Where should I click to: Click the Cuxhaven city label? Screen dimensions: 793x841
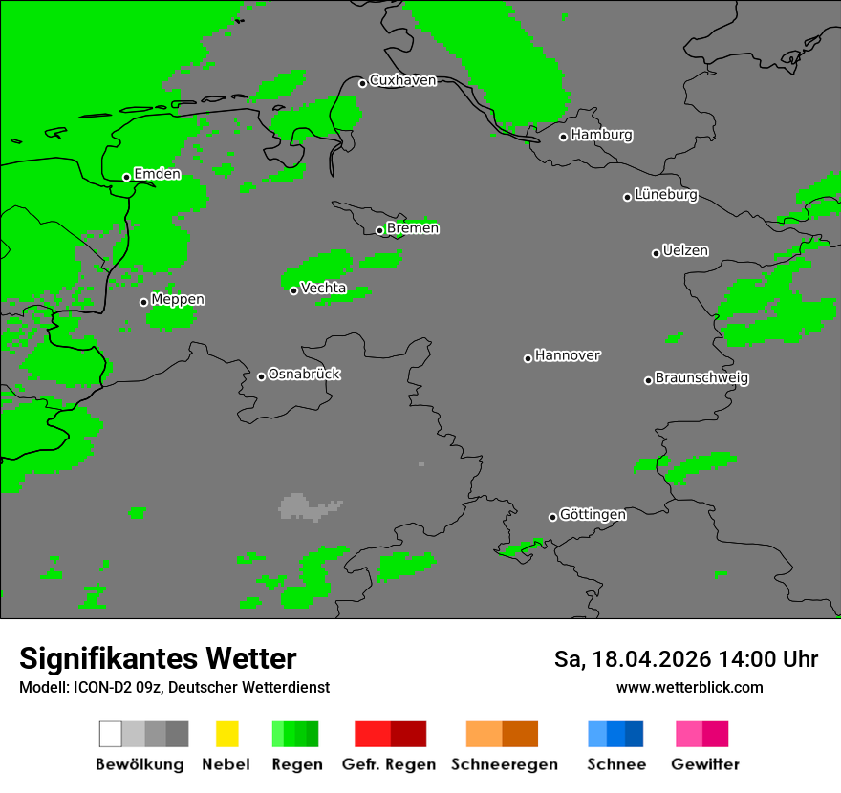pyautogui.click(x=402, y=80)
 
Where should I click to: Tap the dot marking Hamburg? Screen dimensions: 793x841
pyautogui.click(x=563, y=137)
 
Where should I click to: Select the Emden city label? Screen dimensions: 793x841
pyautogui.click(x=157, y=174)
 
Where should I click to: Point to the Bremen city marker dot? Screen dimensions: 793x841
pyautogui.click(x=379, y=230)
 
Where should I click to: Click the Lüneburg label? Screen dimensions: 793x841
pyautogui.click(x=666, y=195)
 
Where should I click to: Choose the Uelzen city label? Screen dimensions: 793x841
pyautogui.click(x=685, y=251)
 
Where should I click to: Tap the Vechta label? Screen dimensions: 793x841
pyautogui.click(x=323, y=288)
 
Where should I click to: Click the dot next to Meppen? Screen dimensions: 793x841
pyautogui.click(x=143, y=302)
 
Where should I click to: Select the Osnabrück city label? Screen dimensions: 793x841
pyautogui.click(x=304, y=375)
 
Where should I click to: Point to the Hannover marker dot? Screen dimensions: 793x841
pyautogui.click(x=528, y=358)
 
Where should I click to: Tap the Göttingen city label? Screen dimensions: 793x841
pyautogui.click(x=593, y=515)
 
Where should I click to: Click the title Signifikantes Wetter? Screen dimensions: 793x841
pyautogui.click(x=158, y=659)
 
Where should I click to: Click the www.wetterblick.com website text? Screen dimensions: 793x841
pyautogui.click(x=689, y=688)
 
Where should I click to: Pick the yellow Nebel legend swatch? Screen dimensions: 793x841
pyautogui.click(x=226, y=734)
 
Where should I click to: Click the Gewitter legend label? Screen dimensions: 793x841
pyautogui.click(x=704, y=764)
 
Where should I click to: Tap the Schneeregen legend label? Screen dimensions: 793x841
pyautogui.click(x=503, y=764)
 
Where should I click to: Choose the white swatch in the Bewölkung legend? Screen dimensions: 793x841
pyautogui.click(x=110, y=734)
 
